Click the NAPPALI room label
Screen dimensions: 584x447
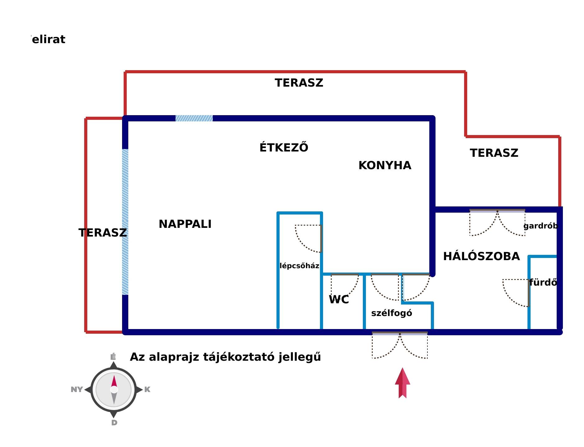[185, 224]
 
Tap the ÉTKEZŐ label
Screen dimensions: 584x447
[284, 147]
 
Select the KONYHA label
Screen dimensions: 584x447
[385, 165]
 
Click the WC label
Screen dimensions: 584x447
[339, 300]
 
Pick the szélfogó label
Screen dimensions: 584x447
[392, 313]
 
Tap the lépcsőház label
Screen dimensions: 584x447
[299, 266]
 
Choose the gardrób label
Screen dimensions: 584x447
[541, 226]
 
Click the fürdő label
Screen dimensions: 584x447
[543, 282]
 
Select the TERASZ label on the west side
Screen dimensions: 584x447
[103, 233]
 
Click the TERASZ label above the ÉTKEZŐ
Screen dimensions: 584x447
[299, 83]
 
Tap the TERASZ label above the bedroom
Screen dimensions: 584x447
[494, 153]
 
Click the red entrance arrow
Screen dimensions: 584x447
[403, 383]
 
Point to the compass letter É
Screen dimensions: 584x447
[113, 357]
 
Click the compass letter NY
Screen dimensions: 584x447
[77, 389]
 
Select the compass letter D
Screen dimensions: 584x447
[114, 422]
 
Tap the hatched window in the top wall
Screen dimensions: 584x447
[194, 118]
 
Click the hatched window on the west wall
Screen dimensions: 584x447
[125, 222]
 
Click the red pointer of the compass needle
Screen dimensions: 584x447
[114, 381]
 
